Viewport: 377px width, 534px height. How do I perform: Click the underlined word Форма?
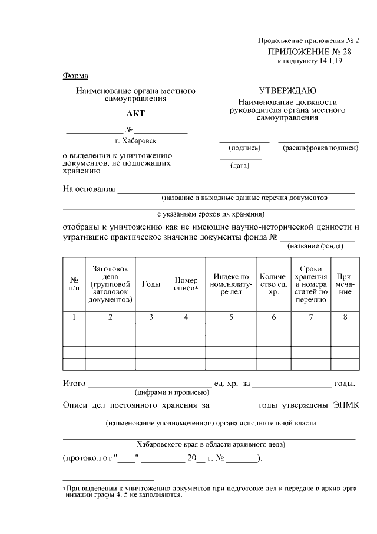click(x=75, y=76)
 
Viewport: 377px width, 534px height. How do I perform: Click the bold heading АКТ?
click(x=135, y=114)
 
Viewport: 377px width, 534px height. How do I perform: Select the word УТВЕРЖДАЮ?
click(x=287, y=91)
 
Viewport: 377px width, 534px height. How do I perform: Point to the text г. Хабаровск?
click(x=136, y=141)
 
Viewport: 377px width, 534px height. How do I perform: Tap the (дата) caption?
click(x=240, y=166)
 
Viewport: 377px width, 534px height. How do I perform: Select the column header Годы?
click(x=151, y=284)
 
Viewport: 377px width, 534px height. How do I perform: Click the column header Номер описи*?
click(x=186, y=284)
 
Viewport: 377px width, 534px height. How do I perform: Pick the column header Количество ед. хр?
click(x=273, y=284)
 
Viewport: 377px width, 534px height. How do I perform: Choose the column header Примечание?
click(x=345, y=284)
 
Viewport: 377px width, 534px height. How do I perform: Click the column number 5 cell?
click(x=231, y=317)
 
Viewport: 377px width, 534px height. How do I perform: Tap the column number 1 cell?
click(x=74, y=317)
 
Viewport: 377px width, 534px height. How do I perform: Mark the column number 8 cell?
click(x=345, y=317)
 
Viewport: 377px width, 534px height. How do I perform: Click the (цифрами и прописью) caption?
click(x=170, y=392)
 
